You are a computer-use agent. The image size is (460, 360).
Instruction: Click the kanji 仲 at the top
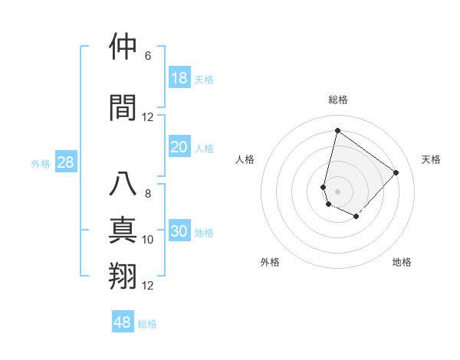pos(123,47)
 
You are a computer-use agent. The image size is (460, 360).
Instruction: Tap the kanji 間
pos(123,108)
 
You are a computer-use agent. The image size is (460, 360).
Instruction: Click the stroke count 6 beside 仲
pos(148,56)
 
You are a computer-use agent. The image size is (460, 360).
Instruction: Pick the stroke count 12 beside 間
pos(148,117)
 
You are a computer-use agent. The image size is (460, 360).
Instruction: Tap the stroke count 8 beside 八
pos(148,194)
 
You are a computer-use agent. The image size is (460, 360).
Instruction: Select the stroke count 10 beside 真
pos(148,240)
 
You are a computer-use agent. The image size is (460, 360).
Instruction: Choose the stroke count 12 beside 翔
pos(148,286)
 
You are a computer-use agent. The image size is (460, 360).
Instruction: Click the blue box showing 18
pos(179,78)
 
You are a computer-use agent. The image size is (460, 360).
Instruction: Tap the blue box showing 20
pos(179,147)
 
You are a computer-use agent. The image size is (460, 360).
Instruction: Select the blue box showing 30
pos(179,231)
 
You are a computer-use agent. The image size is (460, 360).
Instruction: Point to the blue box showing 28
pos(65,162)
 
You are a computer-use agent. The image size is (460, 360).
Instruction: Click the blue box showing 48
pos(123,322)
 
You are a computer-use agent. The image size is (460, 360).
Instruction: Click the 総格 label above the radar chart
pos(338,100)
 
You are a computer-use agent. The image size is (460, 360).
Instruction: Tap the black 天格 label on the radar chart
pos(432,159)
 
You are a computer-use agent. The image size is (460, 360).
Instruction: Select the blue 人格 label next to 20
pos(204,149)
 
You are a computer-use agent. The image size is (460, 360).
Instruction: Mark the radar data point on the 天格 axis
pos(396,172)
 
